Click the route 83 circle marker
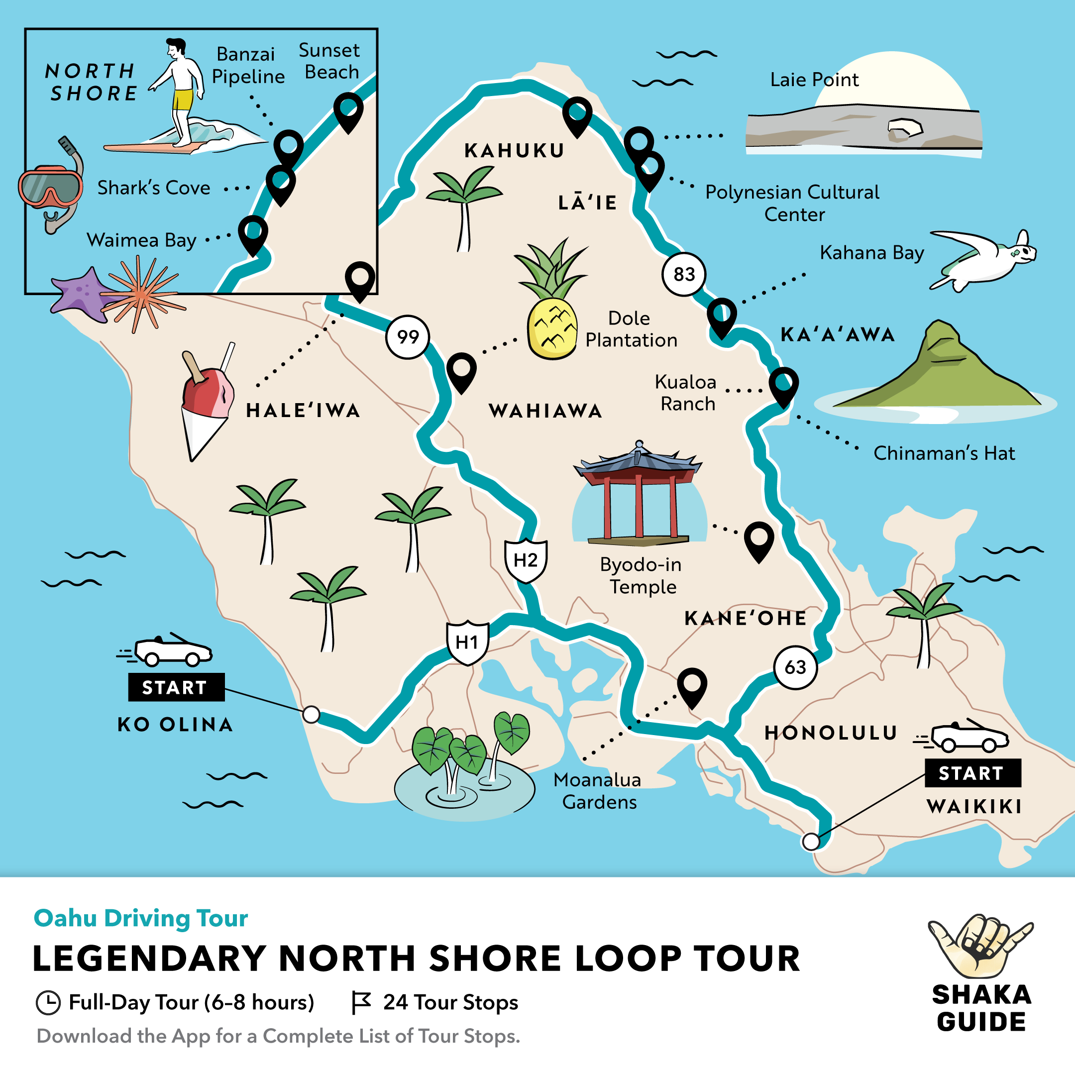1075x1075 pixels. pyautogui.click(x=684, y=274)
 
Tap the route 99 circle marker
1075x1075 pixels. pyautogui.click(x=408, y=336)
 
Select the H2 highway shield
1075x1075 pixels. pyautogui.click(x=525, y=560)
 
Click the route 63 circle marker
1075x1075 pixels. pyautogui.click(x=795, y=667)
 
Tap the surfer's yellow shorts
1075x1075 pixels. pyautogui.click(x=183, y=100)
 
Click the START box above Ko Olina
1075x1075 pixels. pyautogui.click(x=176, y=687)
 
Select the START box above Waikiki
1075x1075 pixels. pyautogui.click(x=972, y=773)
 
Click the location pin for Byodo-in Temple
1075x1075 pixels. pyautogui.click(x=759, y=538)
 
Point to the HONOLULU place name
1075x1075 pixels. pyautogui.click(x=831, y=733)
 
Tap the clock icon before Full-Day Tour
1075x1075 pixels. pyautogui.click(x=48, y=1003)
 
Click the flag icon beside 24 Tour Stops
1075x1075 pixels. pyautogui.click(x=360, y=1003)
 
